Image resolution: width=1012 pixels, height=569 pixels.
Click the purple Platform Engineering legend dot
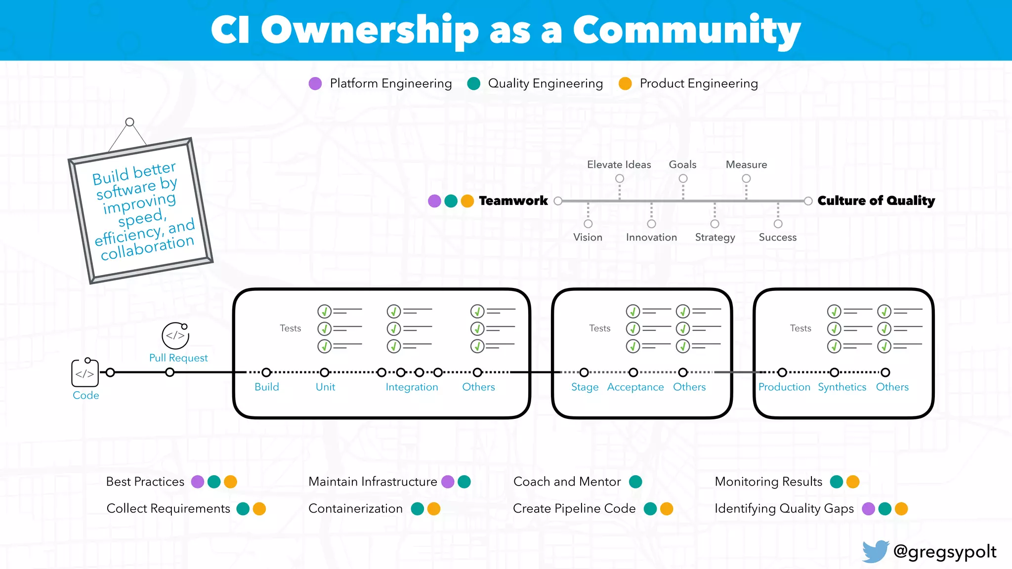click(315, 83)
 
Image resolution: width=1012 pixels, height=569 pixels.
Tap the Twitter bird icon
click(875, 551)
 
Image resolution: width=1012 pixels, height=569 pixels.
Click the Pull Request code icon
click(175, 336)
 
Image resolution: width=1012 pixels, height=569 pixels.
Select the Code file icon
click(85, 373)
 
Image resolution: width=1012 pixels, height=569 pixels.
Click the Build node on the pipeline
click(266, 372)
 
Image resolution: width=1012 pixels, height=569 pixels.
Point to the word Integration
click(412, 387)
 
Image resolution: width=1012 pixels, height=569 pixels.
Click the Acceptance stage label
click(635, 387)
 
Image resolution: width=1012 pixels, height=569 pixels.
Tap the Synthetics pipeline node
click(834, 372)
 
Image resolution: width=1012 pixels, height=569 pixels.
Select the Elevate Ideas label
click(619, 164)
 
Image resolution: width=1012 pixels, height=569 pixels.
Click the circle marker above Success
click(778, 224)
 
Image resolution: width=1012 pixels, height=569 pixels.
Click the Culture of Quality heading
click(876, 201)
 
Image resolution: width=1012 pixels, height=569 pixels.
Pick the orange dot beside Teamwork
click(467, 201)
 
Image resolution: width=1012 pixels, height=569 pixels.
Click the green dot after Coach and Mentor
click(635, 482)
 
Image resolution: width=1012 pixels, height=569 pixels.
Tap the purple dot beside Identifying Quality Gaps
click(868, 509)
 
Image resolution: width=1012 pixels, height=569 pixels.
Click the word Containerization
click(355, 508)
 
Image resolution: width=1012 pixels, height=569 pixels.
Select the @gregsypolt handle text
click(944, 551)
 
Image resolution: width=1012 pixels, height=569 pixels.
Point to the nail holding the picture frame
click(129, 122)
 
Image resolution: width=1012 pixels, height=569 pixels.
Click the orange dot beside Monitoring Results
click(853, 482)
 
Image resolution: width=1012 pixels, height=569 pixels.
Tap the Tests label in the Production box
click(800, 328)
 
